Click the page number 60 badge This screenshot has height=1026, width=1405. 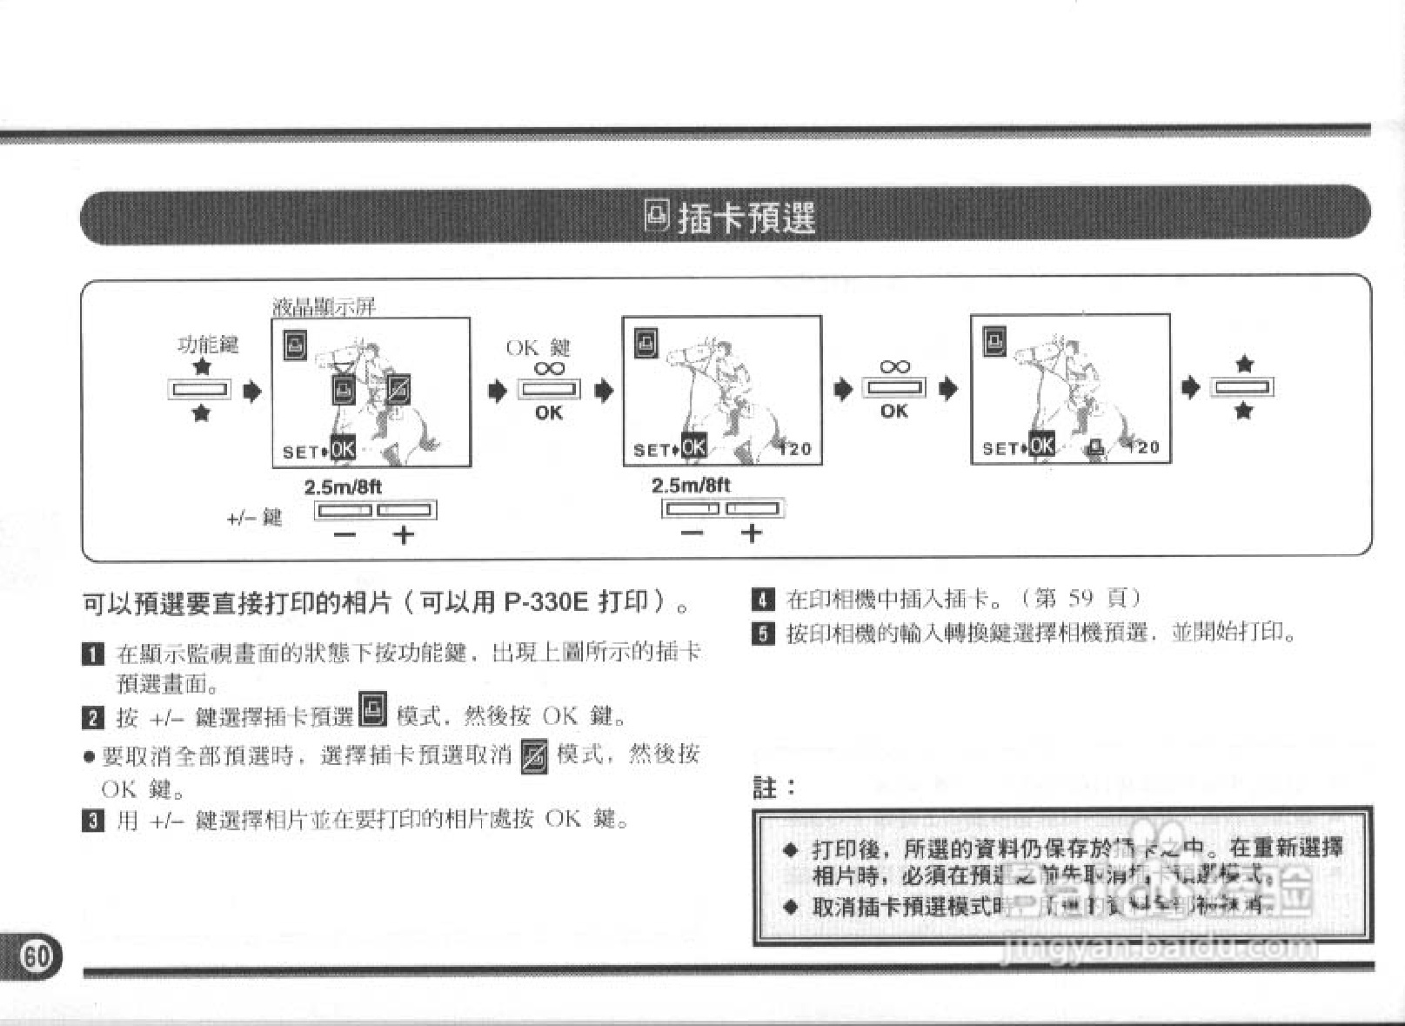pos(36,956)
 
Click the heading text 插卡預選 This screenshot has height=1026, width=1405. pos(746,217)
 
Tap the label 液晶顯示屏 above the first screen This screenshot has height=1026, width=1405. pos(324,306)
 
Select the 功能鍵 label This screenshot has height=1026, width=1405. pos(207,345)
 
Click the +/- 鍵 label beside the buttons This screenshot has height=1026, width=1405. pos(254,519)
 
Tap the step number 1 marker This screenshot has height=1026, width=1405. pos(92,654)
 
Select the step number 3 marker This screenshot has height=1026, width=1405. pos(92,820)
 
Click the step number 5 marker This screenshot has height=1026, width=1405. pos(762,634)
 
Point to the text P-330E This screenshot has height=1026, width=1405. pos(546,602)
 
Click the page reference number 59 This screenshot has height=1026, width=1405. pos(1080,598)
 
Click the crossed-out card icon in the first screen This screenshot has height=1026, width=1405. pos(398,389)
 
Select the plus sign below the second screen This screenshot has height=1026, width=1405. pos(752,533)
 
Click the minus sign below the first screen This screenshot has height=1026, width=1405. pos(345,534)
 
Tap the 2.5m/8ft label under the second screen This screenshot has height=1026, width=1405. pos(691,486)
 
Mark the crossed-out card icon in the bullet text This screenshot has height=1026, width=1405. pos(534,755)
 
